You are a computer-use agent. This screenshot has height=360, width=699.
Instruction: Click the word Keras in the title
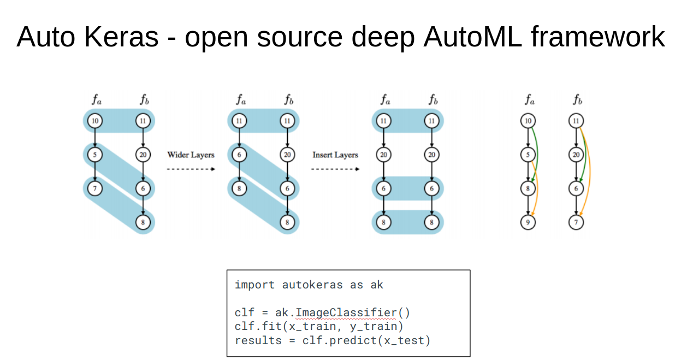pos(121,37)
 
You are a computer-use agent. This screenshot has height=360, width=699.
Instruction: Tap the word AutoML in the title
pos(472,37)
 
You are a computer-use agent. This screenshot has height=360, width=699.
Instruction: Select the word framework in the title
pos(598,37)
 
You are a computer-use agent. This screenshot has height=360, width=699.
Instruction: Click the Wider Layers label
pos(191,155)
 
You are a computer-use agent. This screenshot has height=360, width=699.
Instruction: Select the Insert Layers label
pos(335,155)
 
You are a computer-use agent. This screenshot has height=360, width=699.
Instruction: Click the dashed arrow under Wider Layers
pos(191,169)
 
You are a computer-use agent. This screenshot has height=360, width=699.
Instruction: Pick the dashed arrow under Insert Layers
pos(335,169)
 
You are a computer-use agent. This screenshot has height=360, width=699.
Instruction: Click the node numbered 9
pos(528,222)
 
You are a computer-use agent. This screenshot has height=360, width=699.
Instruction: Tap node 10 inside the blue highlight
pos(95,121)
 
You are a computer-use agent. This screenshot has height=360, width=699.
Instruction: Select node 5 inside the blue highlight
pos(95,155)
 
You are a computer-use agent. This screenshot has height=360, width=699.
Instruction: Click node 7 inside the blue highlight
pos(95,188)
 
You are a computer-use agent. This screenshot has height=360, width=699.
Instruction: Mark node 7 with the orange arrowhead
pos(576,222)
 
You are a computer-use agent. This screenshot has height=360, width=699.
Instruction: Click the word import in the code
pos(254,285)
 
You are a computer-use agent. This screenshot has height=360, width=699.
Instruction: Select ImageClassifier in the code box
pos(346,312)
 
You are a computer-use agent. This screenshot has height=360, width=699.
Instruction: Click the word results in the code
pos(258,340)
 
